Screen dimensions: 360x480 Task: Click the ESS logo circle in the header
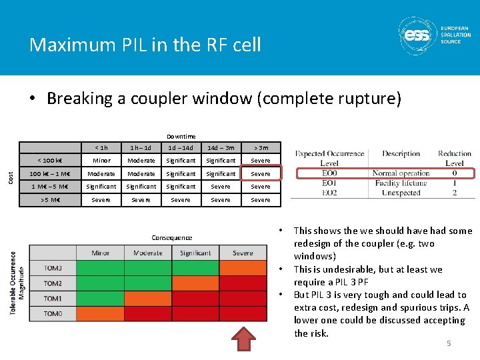pos(417,35)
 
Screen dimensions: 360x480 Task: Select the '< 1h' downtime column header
pos(101,147)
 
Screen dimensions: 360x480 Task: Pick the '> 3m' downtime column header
pos(260,147)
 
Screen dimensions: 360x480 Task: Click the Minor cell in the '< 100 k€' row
pos(101,161)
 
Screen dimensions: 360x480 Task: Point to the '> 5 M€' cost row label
pos(50,200)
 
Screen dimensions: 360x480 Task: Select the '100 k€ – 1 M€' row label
pos(50,174)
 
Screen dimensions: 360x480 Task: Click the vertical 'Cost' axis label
pos(11,178)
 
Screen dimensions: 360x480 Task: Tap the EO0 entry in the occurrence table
pos(329,173)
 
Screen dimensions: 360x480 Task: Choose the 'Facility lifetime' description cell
pos(401,183)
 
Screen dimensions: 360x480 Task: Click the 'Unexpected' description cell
pos(401,193)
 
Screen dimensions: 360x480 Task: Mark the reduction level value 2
pos(454,193)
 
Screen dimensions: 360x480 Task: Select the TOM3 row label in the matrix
pos(53,269)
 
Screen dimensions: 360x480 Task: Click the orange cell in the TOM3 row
pos(243,269)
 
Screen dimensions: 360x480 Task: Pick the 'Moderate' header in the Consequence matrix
pos(148,253)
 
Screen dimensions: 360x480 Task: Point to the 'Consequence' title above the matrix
pos(171,237)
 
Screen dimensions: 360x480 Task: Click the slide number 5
pos(449,343)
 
